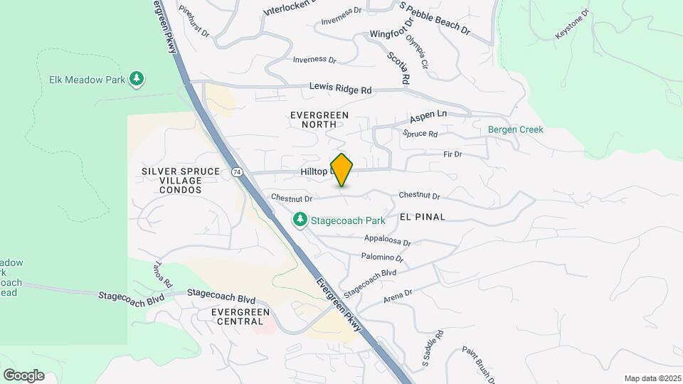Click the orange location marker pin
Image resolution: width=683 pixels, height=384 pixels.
(342, 170)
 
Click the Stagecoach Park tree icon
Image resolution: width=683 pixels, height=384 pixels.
(300, 220)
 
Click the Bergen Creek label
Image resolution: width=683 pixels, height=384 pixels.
(516, 129)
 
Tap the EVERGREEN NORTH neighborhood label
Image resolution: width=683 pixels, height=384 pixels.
(319, 119)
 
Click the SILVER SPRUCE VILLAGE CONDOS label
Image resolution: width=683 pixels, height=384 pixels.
(171, 181)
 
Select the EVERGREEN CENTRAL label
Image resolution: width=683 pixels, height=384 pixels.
(240, 316)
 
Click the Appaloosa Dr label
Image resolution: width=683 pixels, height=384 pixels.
(387, 240)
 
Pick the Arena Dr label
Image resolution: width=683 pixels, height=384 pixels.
(398, 295)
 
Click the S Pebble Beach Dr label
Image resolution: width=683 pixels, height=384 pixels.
(435, 19)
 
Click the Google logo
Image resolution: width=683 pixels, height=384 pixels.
(23, 375)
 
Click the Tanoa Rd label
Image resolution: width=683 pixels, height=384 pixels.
(162, 274)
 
